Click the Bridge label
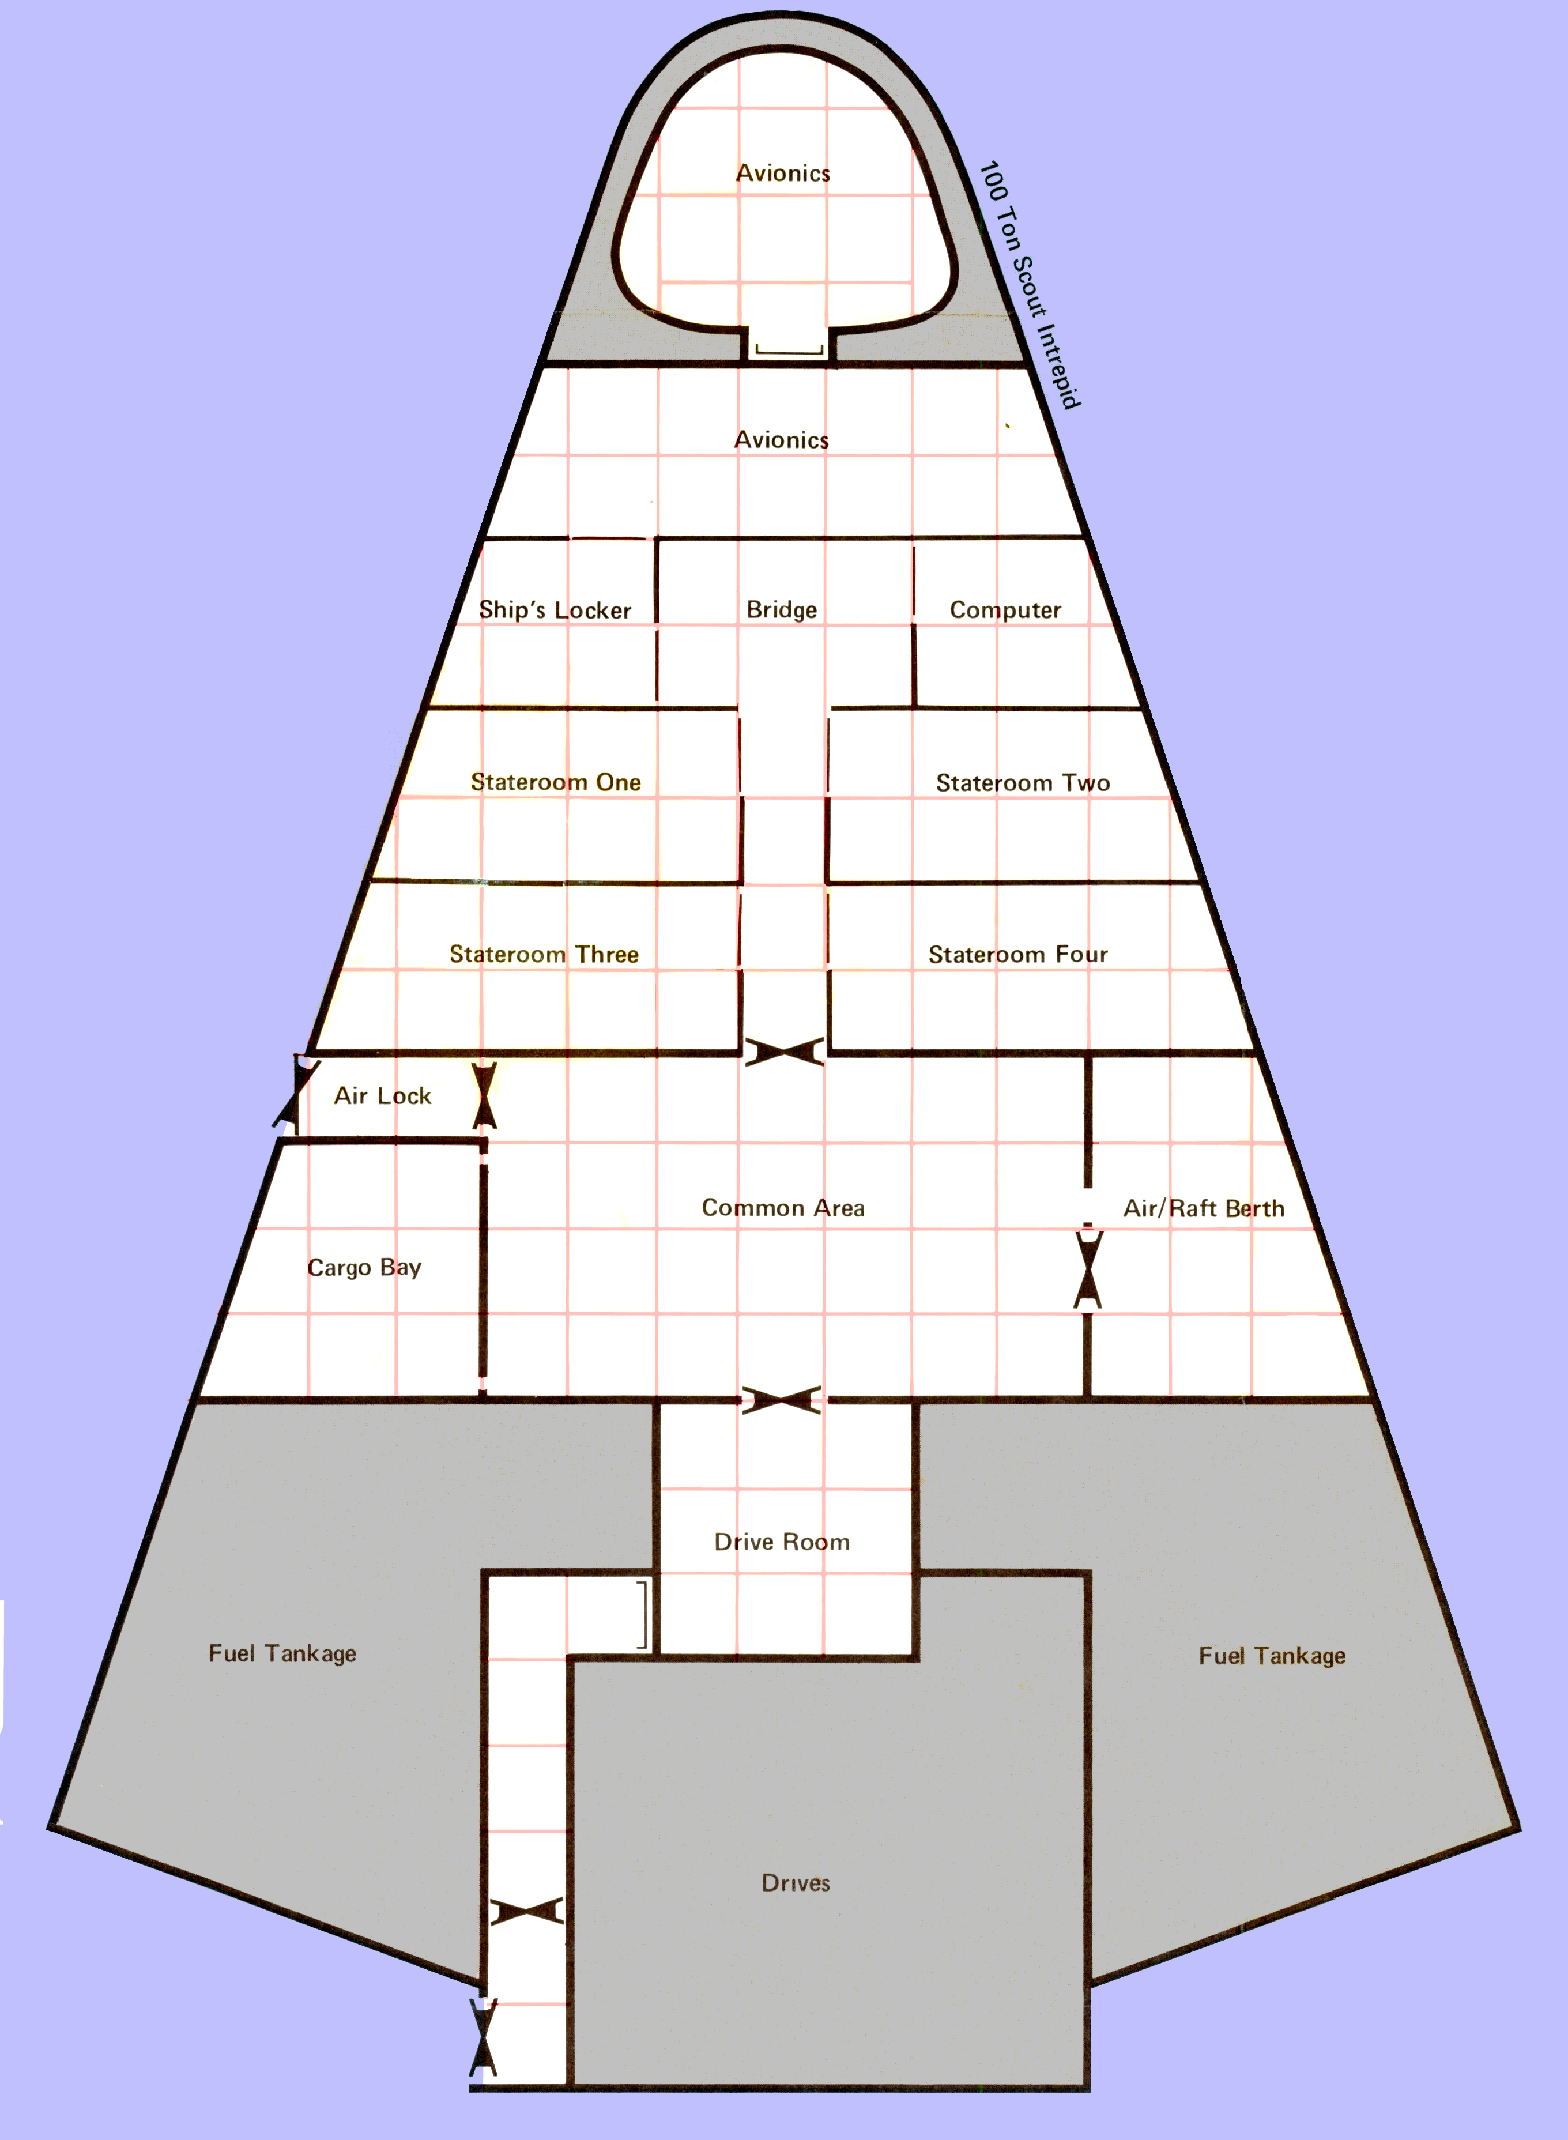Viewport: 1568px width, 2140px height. (x=781, y=609)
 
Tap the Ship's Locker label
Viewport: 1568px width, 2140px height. (x=555, y=609)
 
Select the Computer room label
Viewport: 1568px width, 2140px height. (x=1005, y=610)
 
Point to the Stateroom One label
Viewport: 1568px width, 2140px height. (x=555, y=782)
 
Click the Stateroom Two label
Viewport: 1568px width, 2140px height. (x=1022, y=783)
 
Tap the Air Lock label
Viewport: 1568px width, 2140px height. (x=383, y=1096)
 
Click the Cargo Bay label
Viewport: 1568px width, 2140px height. (x=364, y=1268)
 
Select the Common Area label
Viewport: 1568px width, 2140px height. (x=783, y=1208)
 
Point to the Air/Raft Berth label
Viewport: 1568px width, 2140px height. (x=1204, y=1208)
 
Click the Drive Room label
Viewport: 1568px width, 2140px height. (x=782, y=1542)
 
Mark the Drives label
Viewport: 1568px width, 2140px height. (x=796, y=1883)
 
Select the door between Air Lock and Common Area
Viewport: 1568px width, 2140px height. (x=484, y=1095)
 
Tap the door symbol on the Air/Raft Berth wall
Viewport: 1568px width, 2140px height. (x=1088, y=1270)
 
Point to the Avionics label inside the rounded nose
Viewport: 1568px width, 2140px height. (x=783, y=173)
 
